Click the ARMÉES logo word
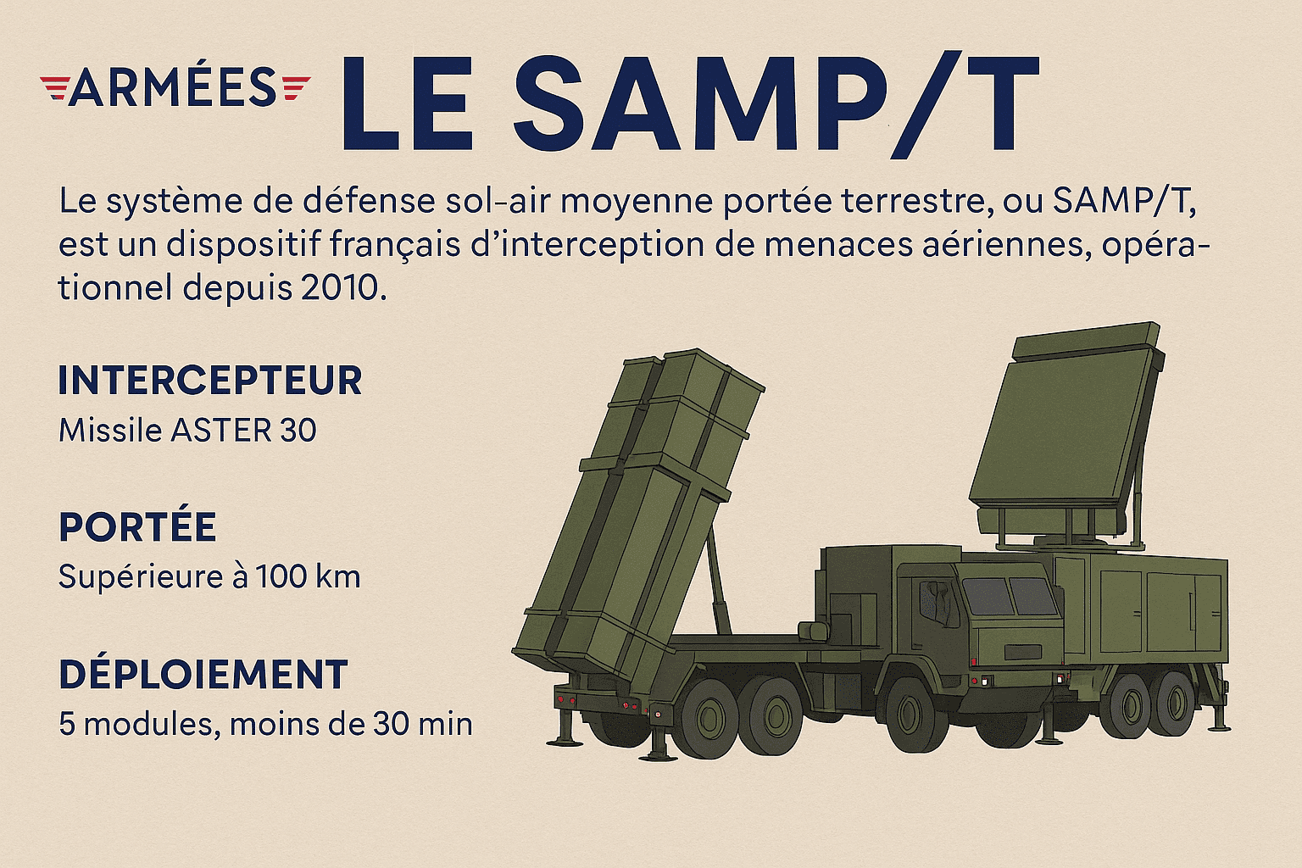(x=173, y=87)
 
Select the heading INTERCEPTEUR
(x=210, y=381)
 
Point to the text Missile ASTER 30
(x=187, y=431)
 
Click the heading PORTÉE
(x=137, y=527)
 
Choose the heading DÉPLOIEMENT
(x=203, y=675)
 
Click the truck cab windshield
(x=1009, y=596)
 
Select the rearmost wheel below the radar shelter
(x=1176, y=704)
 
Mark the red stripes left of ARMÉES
(x=53, y=87)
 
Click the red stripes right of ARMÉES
(x=295, y=87)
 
